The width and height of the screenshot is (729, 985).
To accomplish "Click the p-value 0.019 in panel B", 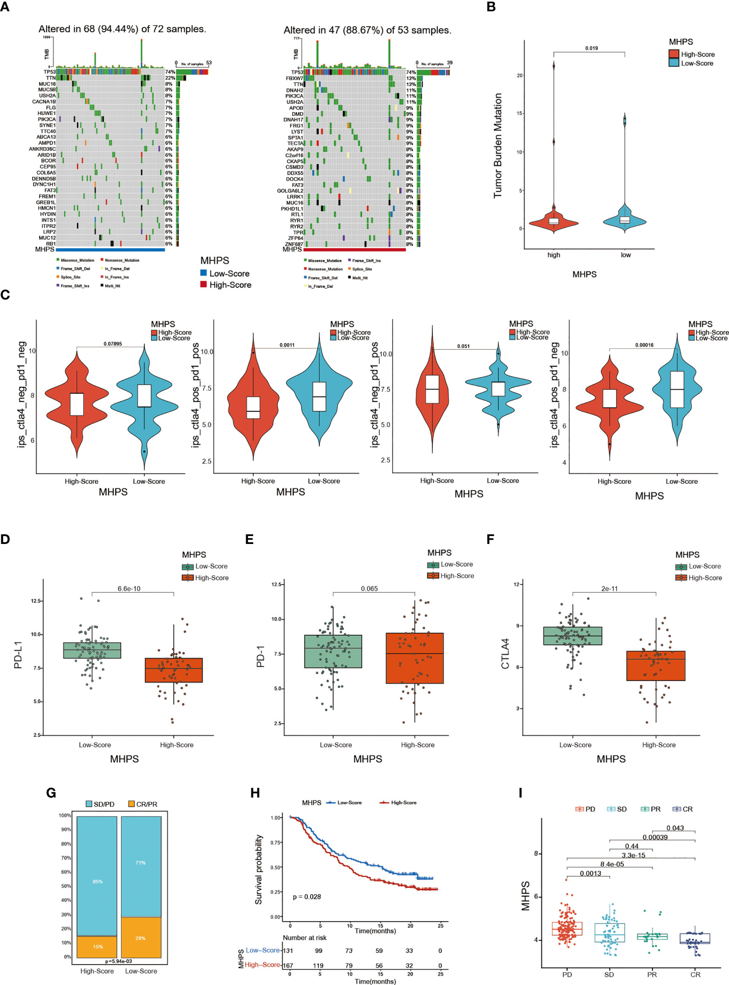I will pos(591,48).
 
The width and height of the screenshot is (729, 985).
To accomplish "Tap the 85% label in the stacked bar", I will pos(97,882).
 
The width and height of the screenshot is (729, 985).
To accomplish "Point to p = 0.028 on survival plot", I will pos(306,897).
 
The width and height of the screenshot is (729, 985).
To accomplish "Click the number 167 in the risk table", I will pos(289,965).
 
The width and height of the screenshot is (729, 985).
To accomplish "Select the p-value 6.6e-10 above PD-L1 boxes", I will pos(129,589).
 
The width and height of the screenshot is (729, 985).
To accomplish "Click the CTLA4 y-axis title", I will pos(505,654).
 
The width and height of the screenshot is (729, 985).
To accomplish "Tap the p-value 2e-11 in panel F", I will pos(609,589).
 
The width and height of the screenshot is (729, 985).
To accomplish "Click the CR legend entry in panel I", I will pos(683,809).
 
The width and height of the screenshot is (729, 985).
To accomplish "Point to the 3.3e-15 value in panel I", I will pos(633,855).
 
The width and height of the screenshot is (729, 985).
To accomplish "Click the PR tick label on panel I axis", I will pos(652,974).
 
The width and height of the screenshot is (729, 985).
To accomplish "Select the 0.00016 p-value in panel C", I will pos(644,345).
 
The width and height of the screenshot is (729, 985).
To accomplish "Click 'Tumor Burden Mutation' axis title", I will pos(498,145).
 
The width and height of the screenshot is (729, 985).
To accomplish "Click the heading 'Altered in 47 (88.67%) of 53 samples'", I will pos(367,30).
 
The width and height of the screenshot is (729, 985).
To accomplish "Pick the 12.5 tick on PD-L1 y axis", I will pos(36,601).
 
